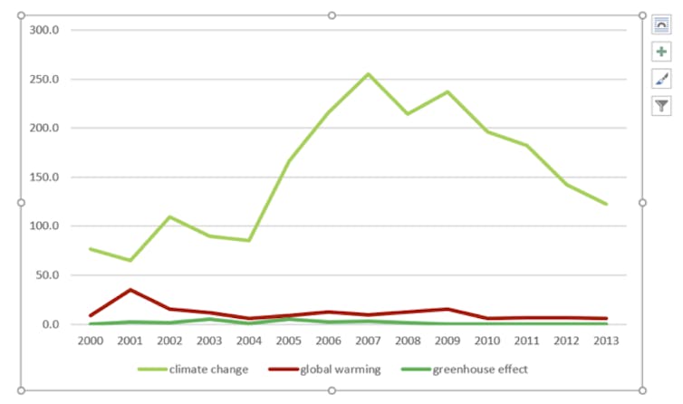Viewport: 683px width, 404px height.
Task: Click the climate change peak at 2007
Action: tap(368, 74)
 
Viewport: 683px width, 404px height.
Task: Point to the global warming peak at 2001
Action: tap(130, 290)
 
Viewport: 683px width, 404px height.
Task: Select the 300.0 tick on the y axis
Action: tap(44, 30)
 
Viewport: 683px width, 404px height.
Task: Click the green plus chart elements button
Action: tap(661, 53)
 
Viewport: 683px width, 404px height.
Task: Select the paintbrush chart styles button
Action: tap(661, 79)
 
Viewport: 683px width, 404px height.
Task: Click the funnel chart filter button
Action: tap(661, 106)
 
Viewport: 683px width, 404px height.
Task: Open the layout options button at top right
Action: tap(661, 25)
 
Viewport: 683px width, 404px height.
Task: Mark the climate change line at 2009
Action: tap(447, 91)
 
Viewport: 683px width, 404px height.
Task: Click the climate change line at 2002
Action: tap(170, 217)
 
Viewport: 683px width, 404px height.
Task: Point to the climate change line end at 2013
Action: tap(606, 204)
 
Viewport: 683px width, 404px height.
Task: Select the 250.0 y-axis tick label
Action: tap(44, 79)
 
